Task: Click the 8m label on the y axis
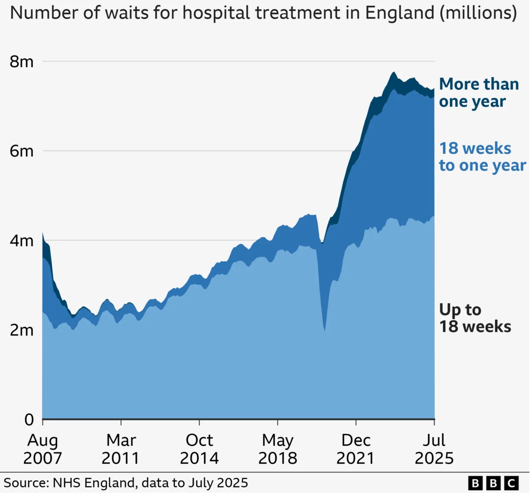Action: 22,62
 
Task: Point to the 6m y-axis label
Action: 22,152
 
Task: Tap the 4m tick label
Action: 22,241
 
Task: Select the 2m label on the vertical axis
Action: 22,331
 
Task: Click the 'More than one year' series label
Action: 479,93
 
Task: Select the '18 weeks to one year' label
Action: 482,157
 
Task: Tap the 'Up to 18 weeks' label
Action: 475,319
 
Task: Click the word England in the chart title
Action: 400,13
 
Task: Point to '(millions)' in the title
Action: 478,13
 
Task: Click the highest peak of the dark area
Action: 394,72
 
